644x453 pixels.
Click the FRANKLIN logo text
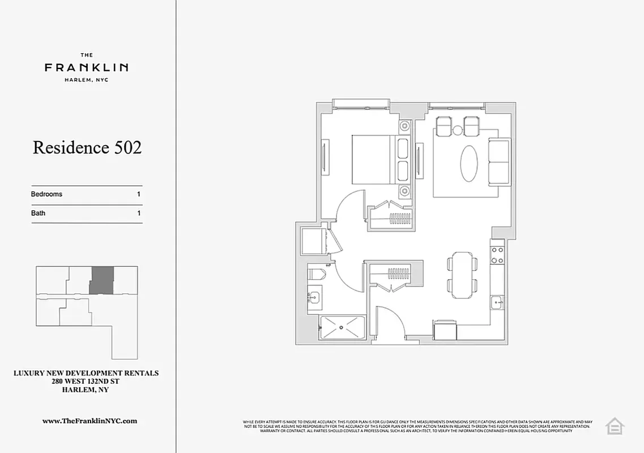(86, 67)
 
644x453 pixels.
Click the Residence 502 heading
(87, 147)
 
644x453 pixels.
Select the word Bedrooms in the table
(46, 194)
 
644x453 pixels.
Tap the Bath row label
(38, 213)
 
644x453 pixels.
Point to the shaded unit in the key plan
(102, 280)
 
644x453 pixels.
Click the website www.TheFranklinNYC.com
(89, 421)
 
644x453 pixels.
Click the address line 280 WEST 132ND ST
(86, 382)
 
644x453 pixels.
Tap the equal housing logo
(614, 426)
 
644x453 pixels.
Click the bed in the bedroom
(372, 159)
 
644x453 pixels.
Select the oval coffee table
(469, 164)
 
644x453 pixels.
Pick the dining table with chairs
(462, 275)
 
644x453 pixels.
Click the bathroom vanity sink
(314, 296)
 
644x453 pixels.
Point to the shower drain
(342, 327)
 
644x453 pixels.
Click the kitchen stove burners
(497, 255)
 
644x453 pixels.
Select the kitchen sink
(497, 303)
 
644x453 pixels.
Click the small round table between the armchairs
(458, 131)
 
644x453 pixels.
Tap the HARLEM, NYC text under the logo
(86, 80)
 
